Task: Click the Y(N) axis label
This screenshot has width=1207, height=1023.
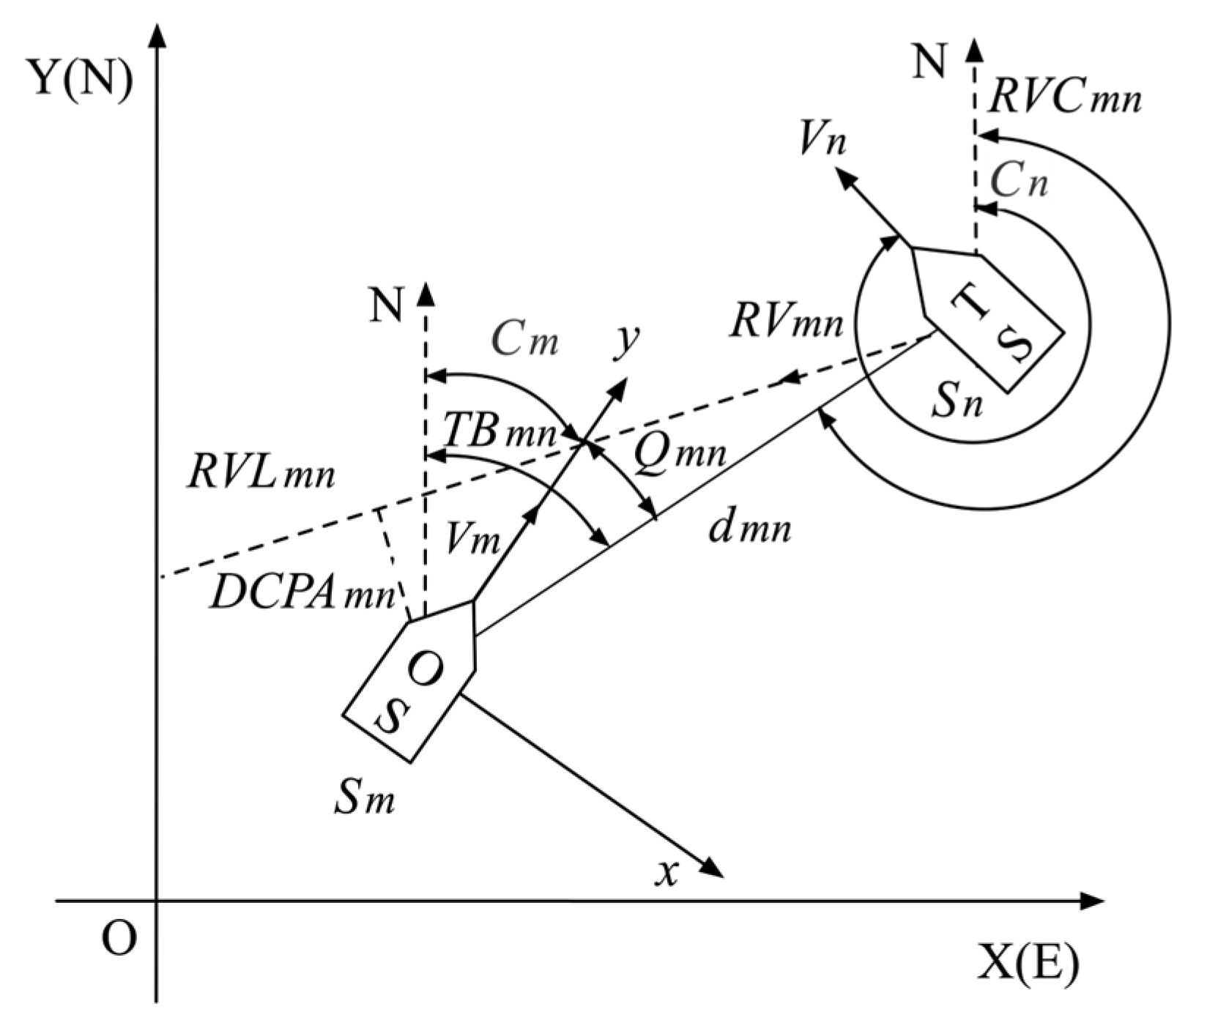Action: point(81,78)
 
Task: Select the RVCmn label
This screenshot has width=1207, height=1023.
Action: point(1063,97)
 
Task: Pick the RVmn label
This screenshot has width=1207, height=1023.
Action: point(786,321)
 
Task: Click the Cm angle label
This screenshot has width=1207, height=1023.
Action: point(524,340)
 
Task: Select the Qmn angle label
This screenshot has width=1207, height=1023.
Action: point(679,453)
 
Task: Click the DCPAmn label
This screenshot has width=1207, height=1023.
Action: point(302,594)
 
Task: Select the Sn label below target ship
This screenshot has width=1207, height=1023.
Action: point(957,403)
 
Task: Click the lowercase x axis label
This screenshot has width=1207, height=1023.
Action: point(666,873)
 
